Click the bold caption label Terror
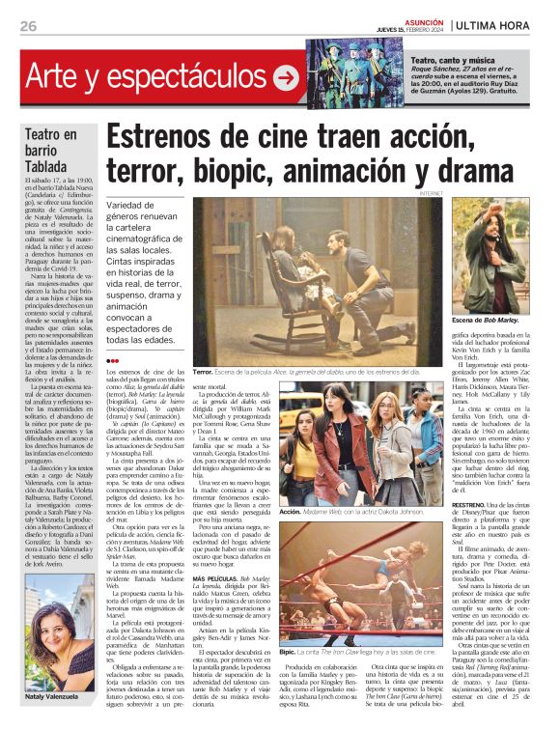coord(203,372)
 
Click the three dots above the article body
coord(113,359)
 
